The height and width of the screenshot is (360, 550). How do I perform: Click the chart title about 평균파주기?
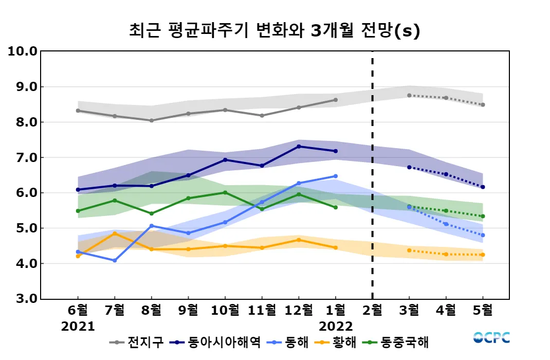[274, 31]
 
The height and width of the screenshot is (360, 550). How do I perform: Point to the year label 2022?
[336, 327]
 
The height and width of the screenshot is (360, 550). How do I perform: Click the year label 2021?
[78, 327]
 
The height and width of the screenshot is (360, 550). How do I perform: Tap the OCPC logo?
[491, 338]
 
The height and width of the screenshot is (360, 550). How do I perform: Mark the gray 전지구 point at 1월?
[336, 100]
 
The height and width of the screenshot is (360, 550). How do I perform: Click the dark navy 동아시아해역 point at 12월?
[299, 147]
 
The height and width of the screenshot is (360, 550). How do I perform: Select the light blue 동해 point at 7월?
[115, 261]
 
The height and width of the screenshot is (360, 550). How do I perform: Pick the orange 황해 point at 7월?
[115, 233]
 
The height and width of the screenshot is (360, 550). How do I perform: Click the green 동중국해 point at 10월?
[225, 192]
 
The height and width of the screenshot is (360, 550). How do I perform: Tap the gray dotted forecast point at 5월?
[483, 105]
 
